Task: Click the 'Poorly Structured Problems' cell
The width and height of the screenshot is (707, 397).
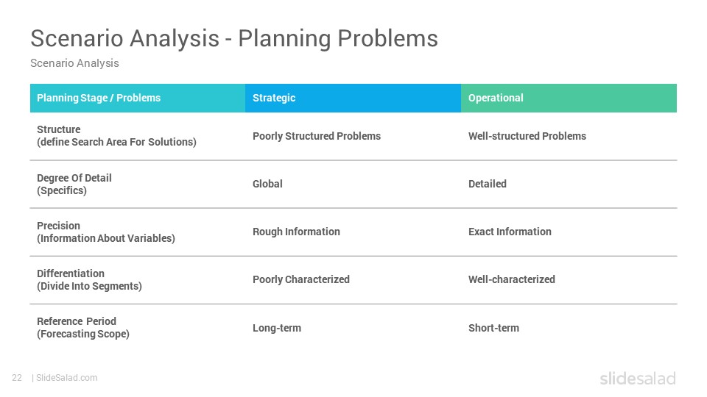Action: pos(317,136)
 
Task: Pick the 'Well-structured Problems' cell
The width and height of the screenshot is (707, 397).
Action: pos(527,136)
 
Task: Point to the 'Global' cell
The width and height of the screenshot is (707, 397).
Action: pos(267,184)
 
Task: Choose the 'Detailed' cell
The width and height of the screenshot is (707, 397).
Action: pos(488,184)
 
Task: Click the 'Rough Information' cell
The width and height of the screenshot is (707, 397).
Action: pos(296,232)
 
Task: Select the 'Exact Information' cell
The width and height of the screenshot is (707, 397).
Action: pos(510,232)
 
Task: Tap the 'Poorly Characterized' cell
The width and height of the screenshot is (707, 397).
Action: pos(301,279)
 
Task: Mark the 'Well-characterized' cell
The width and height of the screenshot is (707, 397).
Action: pos(512,279)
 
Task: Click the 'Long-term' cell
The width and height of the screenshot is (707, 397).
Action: pos(277,328)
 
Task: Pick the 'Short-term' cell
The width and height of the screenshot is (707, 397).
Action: pos(493,328)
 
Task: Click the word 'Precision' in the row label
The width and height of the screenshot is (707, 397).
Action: pos(59,226)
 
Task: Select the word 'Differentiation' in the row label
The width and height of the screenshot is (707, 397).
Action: pos(71,273)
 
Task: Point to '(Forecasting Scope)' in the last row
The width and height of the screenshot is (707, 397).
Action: pos(83,334)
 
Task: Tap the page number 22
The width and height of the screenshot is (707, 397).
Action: pos(17,378)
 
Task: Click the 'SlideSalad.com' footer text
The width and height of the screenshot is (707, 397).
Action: pos(67,378)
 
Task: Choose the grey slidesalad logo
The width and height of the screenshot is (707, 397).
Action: pos(638,378)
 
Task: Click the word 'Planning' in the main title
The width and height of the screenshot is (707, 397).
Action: pos(284,39)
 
